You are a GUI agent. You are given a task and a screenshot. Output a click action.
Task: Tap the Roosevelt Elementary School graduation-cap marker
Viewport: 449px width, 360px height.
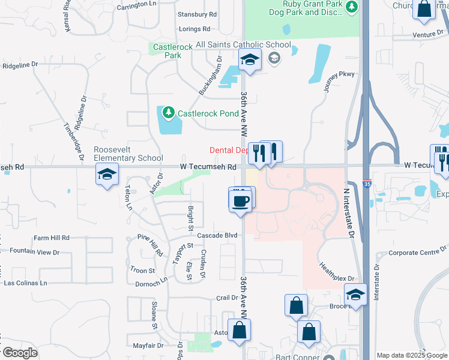click(107, 175)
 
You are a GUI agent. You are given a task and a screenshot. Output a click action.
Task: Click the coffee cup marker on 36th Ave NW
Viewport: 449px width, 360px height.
click(240, 201)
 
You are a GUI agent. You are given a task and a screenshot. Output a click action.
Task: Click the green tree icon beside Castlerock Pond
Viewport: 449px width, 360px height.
click(169, 112)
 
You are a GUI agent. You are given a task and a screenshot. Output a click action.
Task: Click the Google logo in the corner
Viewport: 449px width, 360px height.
click(19, 353)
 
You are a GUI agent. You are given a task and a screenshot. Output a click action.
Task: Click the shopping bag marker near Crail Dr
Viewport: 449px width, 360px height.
click(297, 306)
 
